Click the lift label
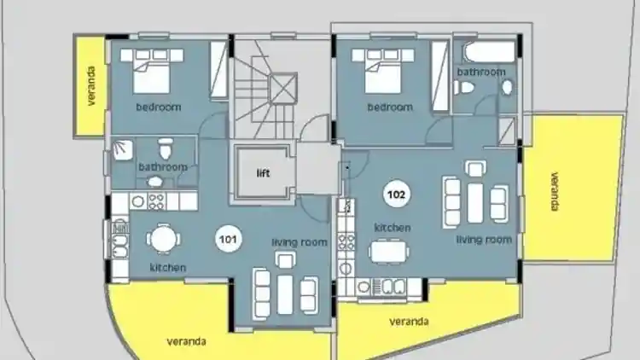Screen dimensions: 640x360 [x=264, y=173]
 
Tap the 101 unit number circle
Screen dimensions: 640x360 [x=228, y=239]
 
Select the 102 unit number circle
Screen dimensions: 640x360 [x=396, y=195]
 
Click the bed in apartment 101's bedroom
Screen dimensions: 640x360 [x=151, y=71]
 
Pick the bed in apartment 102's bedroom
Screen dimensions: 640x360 [x=383, y=71]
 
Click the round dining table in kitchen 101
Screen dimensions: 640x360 [x=163, y=240]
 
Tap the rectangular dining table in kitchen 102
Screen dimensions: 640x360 [x=388, y=251]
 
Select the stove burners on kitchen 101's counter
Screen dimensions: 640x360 [x=156, y=201]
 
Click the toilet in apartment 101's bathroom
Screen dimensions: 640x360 [x=166, y=148]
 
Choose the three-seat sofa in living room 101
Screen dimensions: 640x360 [x=262, y=293]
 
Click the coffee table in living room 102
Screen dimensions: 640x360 [x=475, y=203]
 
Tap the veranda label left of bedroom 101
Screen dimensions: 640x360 [x=91, y=86]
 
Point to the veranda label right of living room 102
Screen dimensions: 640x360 [x=555, y=191]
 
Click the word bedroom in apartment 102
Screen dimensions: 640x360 [x=390, y=107]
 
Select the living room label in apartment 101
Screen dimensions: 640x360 [x=300, y=242]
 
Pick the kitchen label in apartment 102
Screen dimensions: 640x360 [x=393, y=228]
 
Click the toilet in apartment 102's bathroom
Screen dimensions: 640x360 [x=464, y=87]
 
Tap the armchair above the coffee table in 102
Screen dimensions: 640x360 [x=475, y=168]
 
